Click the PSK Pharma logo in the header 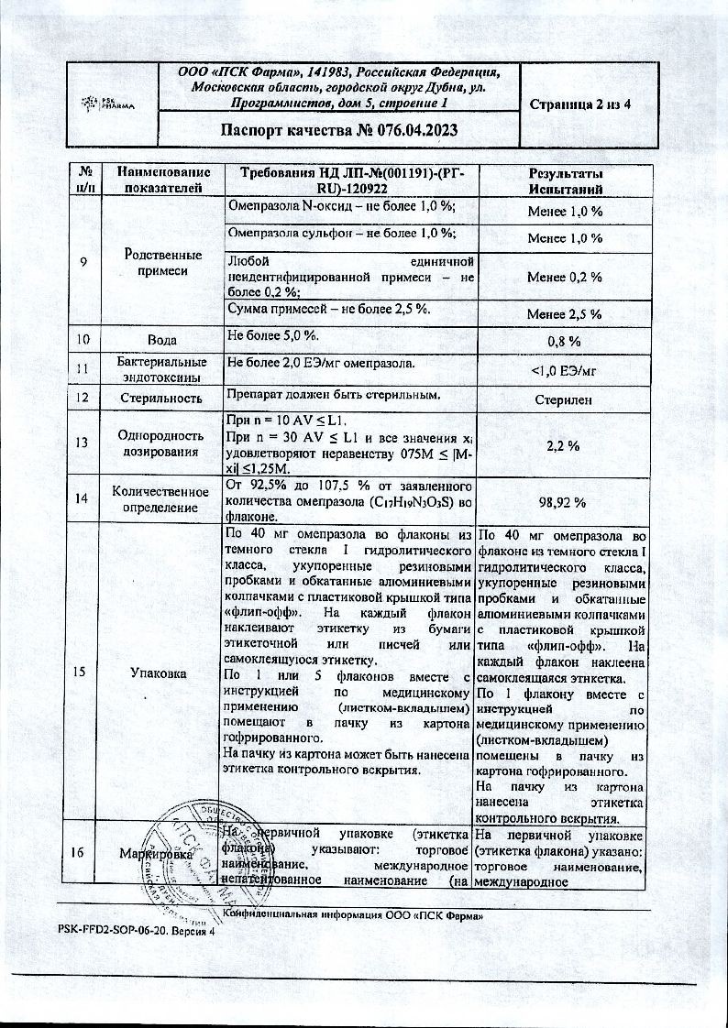coord(109,102)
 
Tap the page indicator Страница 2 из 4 coord(580,104)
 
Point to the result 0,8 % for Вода coord(565,341)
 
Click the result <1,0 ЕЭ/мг coord(565,370)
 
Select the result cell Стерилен coord(565,399)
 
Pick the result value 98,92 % coord(565,503)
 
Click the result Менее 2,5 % coord(565,314)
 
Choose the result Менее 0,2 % coord(565,276)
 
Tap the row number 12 coord(83,398)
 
